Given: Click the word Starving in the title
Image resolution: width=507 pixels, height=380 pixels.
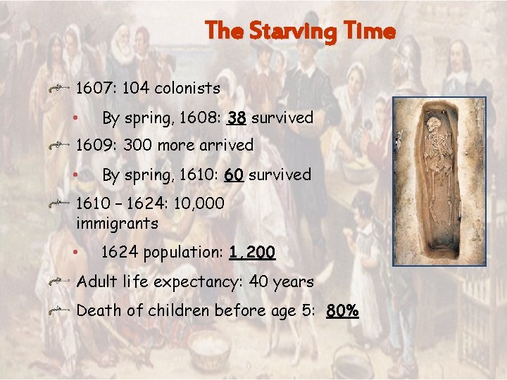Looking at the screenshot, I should point(287,32).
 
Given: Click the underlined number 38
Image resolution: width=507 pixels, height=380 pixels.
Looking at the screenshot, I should point(237,118).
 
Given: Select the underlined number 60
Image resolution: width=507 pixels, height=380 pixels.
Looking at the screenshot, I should point(234,175).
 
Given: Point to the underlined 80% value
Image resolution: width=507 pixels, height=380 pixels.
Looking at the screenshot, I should point(342,310).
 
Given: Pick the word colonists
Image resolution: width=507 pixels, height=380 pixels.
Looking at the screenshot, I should point(187,89).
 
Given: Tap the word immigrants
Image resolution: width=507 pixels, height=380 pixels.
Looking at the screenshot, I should point(116,224).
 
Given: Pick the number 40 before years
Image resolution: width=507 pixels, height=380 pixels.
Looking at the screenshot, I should point(260,282).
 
